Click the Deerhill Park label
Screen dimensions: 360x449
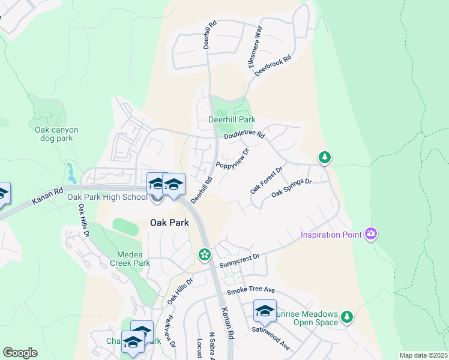[231, 120]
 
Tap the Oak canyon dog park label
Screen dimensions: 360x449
[56, 134]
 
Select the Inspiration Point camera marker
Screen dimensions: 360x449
[371, 233]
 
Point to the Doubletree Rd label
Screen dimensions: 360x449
[244, 136]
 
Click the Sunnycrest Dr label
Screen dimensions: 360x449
[239, 257]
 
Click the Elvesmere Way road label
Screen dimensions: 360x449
[255, 47]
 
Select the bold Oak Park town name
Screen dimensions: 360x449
[169, 223]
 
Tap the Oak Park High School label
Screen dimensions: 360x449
[107, 197]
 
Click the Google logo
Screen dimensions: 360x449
[20, 353]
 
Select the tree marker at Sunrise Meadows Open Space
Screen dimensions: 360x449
[346, 316]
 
